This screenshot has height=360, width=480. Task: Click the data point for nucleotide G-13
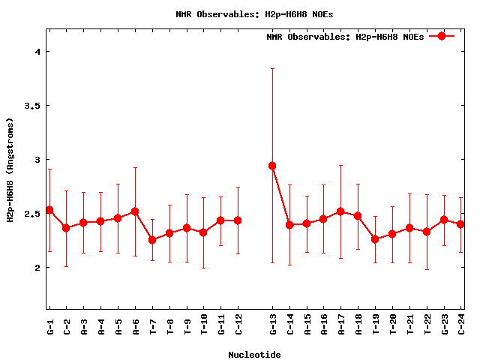(x=272, y=166)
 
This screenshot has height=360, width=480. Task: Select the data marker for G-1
(x=49, y=210)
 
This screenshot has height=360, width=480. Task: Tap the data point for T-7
(x=152, y=240)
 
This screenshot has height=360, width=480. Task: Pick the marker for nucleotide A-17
(x=341, y=211)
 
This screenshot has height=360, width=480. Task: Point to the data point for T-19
(x=376, y=239)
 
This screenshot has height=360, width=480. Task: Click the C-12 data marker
(x=238, y=220)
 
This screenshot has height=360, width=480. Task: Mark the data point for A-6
(x=135, y=211)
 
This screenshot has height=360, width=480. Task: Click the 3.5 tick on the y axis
(x=32, y=106)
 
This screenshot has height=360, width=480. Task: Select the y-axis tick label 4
(x=37, y=52)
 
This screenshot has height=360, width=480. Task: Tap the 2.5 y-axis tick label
(x=32, y=214)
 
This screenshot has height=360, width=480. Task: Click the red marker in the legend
(x=442, y=36)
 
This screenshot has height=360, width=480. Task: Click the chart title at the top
(x=254, y=13)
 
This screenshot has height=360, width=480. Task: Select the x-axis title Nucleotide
(x=254, y=355)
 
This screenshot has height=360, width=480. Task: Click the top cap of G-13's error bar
(x=272, y=68)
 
